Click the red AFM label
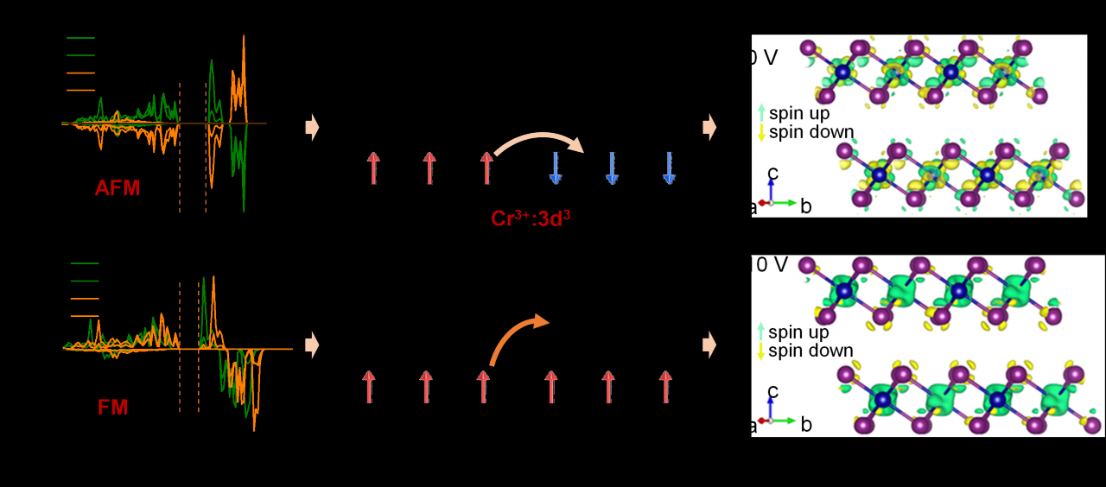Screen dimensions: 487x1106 pyautogui.click(x=118, y=187)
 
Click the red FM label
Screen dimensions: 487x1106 pyautogui.click(x=112, y=408)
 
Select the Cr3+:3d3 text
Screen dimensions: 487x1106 pyautogui.click(x=530, y=218)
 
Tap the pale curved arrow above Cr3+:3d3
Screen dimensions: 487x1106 pyautogui.click(x=538, y=142)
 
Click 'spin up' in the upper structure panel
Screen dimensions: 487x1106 pyautogui.click(x=799, y=113)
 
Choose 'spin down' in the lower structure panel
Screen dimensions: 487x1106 pyautogui.click(x=810, y=351)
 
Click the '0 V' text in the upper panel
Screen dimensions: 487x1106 pyautogui.click(x=764, y=59)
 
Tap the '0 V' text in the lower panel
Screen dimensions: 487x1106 pyautogui.click(x=772, y=265)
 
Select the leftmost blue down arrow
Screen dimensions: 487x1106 pyautogui.click(x=556, y=168)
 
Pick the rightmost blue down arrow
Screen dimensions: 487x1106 pyautogui.click(x=669, y=168)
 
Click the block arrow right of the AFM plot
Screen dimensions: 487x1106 pyautogui.click(x=312, y=128)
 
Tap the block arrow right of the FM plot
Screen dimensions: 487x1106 pyautogui.click(x=312, y=345)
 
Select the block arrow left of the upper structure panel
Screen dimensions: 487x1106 pyautogui.click(x=709, y=128)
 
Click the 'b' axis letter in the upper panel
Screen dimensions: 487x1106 pyautogui.click(x=805, y=206)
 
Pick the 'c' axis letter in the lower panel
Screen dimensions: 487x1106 pyautogui.click(x=772, y=392)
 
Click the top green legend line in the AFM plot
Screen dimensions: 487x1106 pyautogui.click(x=80, y=38)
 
